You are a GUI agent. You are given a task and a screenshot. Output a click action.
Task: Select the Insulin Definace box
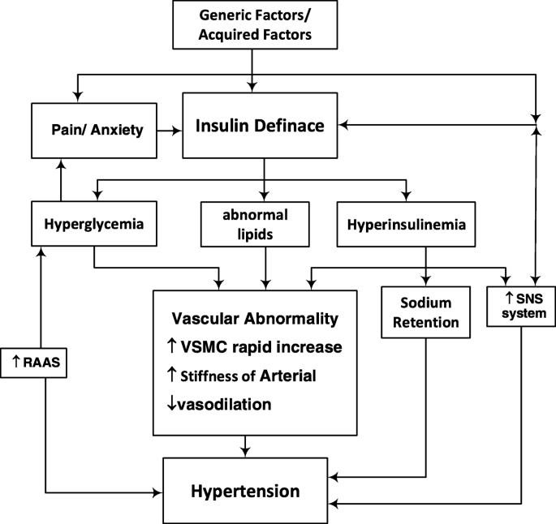[260, 127]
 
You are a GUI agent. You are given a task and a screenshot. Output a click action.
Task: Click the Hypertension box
[245, 491]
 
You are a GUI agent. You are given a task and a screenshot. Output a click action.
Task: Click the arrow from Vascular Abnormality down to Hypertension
[246, 445]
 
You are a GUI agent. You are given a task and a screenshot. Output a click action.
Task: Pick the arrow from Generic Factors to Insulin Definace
[254, 69]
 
